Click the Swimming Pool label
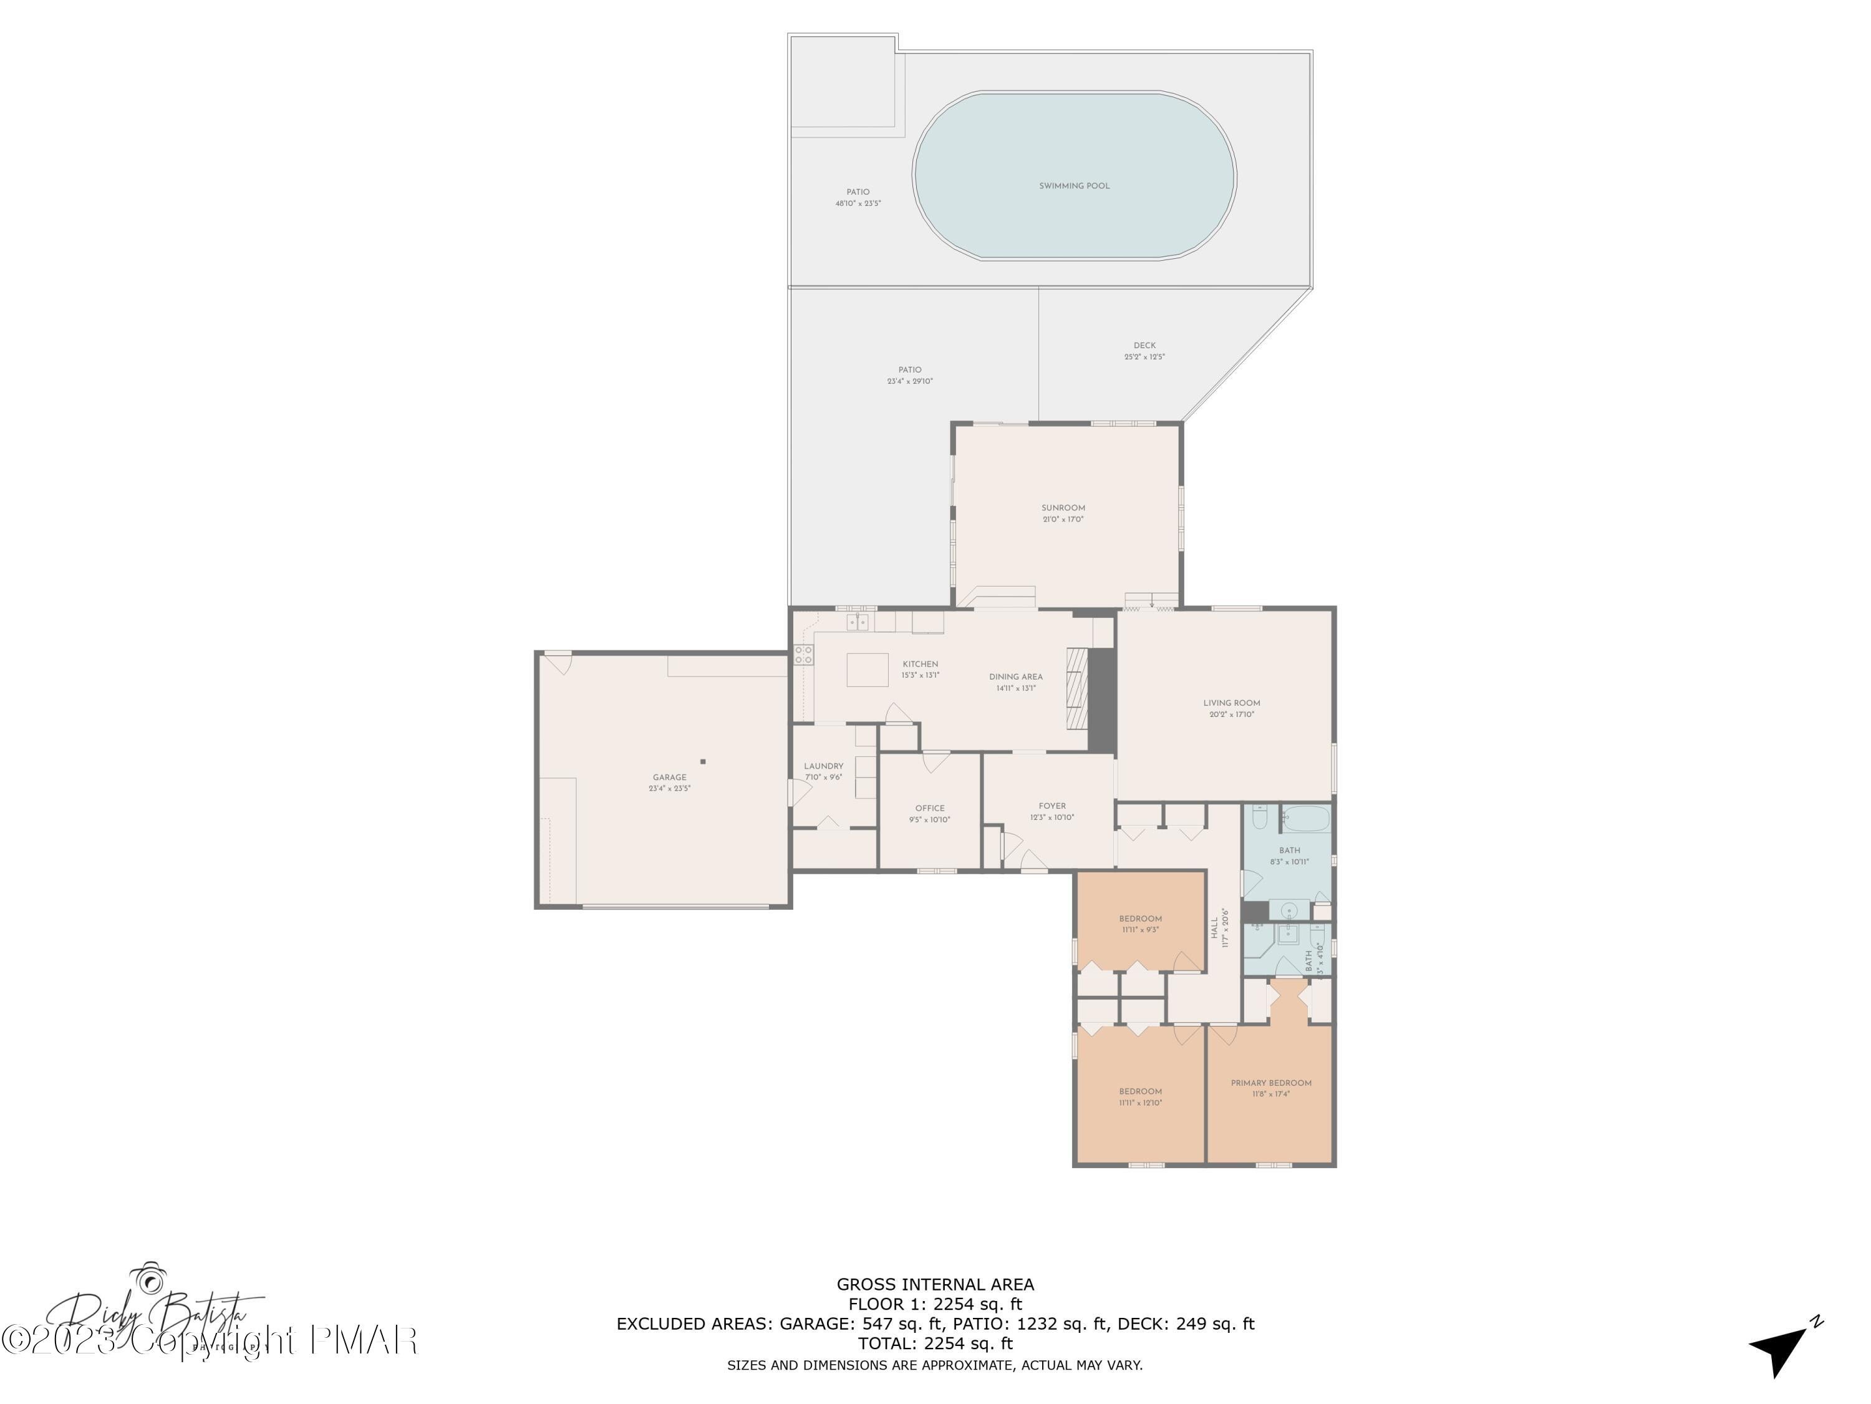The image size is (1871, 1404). (x=1074, y=185)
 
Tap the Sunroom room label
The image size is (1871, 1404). (x=1063, y=508)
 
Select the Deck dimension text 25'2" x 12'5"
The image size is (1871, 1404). (x=1144, y=357)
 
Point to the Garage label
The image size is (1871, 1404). (x=669, y=777)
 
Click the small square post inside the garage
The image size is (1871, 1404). (x=703, y=762)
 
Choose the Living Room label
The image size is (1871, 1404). (x=1232, y=703)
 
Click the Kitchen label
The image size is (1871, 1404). (x=921, y=665)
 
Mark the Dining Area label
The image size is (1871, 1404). (x=1016, y=676)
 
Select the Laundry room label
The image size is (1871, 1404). (x=823, y=766)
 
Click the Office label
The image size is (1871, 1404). (x=930, y=808)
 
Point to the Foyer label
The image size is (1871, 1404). (x=1052, y=806)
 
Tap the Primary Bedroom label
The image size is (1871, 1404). (x=1270, y=1083)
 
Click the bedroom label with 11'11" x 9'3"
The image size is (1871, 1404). (x=1140, y=919)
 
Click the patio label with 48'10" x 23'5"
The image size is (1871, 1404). (x=858, y=192)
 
